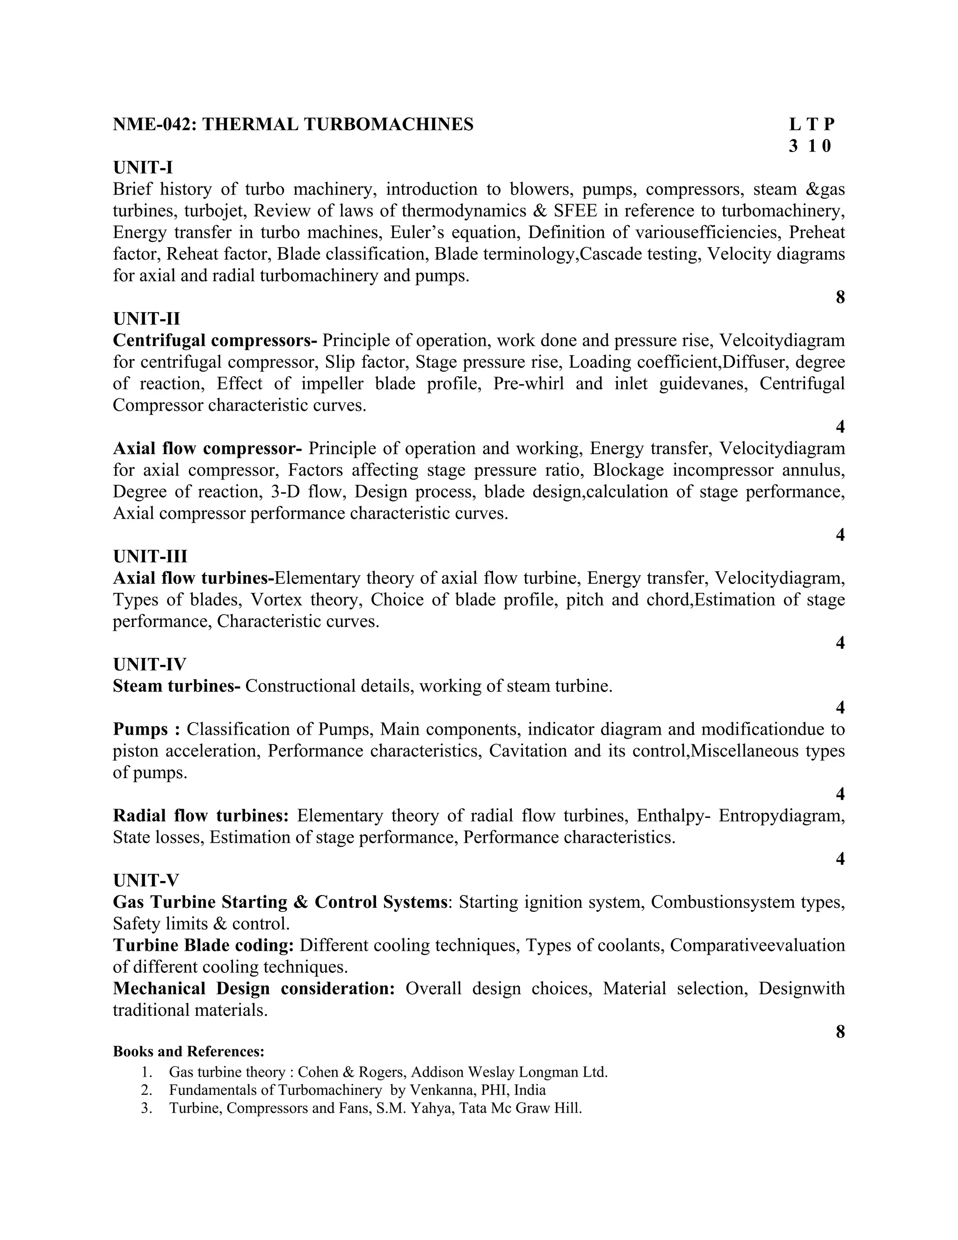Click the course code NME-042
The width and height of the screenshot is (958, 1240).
point(154,124)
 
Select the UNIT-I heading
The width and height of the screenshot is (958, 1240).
point(143,168)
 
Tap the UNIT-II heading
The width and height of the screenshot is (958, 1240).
point(146,319)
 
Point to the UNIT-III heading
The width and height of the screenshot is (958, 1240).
point(150,556)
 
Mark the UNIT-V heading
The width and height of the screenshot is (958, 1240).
point(146,880)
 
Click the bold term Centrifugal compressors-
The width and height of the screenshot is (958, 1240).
point(215,340)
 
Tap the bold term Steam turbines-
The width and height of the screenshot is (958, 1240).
point(176,686)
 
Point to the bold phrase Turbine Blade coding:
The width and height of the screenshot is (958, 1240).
point(203,945)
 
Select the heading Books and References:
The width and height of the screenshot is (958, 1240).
point(189,1051)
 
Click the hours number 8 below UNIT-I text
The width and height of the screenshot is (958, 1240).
point(841,297)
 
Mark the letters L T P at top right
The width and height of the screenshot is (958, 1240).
point(812,124)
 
